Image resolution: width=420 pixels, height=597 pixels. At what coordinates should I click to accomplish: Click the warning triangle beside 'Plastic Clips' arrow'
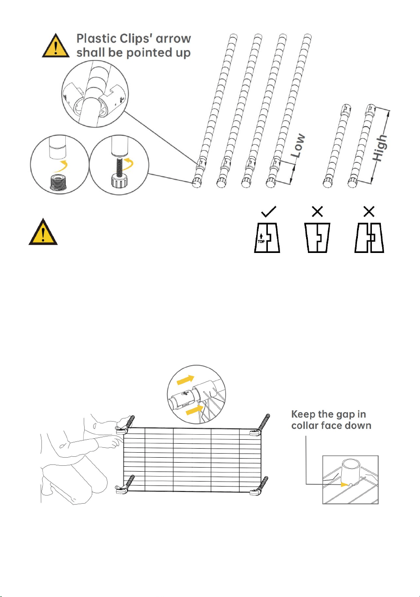point(56,46)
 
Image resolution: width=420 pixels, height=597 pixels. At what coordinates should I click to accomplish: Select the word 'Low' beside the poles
point(298,145)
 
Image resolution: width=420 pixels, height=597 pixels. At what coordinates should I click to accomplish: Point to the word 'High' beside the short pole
point(380,148)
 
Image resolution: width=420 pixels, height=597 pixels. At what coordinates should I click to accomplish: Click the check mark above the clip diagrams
point(269,211)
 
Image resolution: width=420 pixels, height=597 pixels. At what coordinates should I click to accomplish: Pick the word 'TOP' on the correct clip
point(261,242)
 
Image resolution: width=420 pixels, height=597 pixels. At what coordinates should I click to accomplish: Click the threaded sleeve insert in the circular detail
point(58,183)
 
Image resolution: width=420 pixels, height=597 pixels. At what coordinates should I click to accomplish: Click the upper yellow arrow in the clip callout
point(185,380)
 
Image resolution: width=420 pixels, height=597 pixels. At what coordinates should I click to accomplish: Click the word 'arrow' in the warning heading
point(173,39)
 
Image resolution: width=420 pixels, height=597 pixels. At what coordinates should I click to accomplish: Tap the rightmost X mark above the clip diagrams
point(369,211)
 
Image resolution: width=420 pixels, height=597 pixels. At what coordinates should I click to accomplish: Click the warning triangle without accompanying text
point(43,232)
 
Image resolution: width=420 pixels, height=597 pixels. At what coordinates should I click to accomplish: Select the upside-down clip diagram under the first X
point(317,238)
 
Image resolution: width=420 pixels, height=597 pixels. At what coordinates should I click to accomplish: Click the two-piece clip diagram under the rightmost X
point(369,238)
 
